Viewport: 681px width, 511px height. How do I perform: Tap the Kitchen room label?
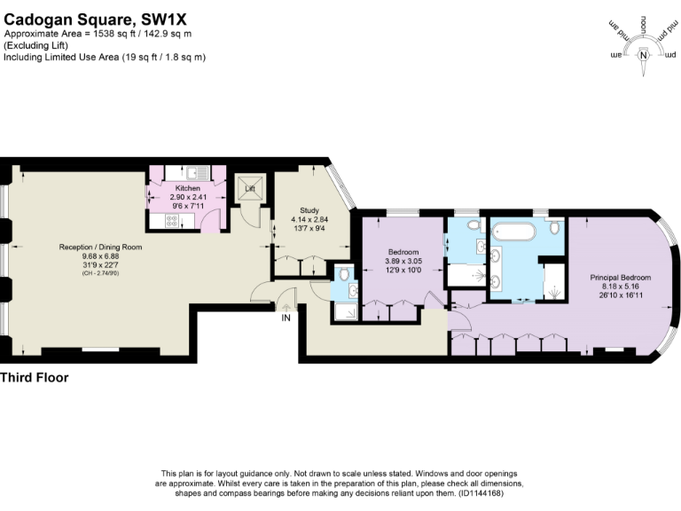[187, 188]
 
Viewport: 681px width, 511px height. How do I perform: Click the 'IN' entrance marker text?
[286, 317]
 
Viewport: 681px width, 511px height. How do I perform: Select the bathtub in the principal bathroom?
[513, 232]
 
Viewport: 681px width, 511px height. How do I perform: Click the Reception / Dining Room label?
[100, 247]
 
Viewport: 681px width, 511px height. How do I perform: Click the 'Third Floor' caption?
[34, 378]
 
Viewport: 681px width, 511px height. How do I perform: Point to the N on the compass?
[644, 55]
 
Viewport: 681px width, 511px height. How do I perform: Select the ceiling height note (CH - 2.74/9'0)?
[100, 272]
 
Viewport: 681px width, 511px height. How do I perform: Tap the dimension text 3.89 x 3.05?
[403, 261]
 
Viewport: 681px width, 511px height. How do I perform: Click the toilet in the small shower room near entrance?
[344, 276]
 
